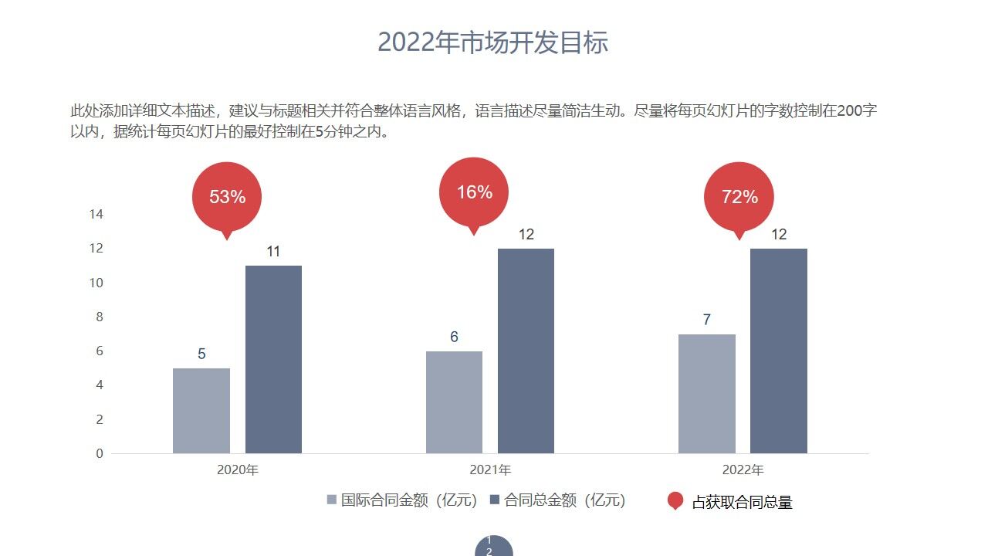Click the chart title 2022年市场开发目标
[493, 42]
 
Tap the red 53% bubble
[227, 196]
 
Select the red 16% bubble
[474, 192]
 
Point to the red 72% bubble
[739, 196]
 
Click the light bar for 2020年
[201, 411]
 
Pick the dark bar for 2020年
[273, 359]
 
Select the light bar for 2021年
[454, 402]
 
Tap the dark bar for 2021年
[526, 351]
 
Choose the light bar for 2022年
[707, 394]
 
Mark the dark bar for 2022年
[779, 351]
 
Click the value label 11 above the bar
[273, 252]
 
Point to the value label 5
[201, 354]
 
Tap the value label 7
[707, 320]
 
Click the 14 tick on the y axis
[96, 214]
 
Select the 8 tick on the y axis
[99, 317]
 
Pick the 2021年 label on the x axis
[490, 470]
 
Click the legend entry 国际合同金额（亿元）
[402, 500]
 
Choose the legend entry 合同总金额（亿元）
[557, 500]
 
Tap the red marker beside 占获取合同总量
[675, 501]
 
